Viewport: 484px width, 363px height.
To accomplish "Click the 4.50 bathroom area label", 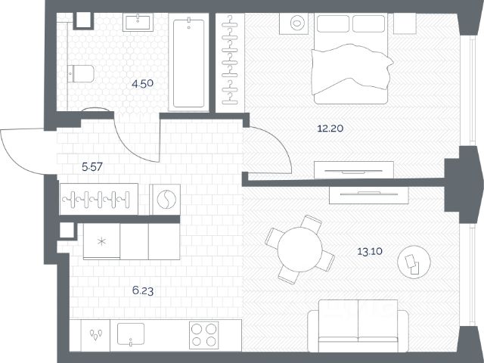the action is coord(142,84).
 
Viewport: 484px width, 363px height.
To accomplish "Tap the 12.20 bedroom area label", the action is coord(330,128).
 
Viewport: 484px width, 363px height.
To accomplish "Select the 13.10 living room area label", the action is coord(370,251).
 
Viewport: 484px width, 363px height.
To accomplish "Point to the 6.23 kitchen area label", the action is coord(143,290).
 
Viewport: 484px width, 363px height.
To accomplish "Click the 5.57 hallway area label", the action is coord(92,167).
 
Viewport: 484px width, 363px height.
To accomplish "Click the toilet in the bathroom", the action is coord(81,73).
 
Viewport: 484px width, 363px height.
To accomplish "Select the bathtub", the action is coord(188,63).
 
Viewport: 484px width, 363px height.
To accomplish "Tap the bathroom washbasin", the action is coord(138,22).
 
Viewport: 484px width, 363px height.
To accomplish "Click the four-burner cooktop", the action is coord(203,335).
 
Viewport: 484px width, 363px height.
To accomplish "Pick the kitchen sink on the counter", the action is coord(131,334).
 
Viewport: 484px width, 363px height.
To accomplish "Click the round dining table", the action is coord(299,250).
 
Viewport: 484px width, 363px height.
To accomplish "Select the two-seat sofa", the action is coord(358,326).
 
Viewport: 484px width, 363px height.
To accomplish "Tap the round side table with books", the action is coord(414,262).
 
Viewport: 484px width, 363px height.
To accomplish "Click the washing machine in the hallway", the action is coord(165,199).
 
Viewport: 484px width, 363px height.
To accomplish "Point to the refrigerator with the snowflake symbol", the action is coord(101,241).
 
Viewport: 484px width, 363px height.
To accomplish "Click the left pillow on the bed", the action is coord(333,23).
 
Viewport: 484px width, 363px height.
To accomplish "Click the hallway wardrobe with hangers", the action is coord(99,199).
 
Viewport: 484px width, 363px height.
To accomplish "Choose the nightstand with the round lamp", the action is coord(294,23).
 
